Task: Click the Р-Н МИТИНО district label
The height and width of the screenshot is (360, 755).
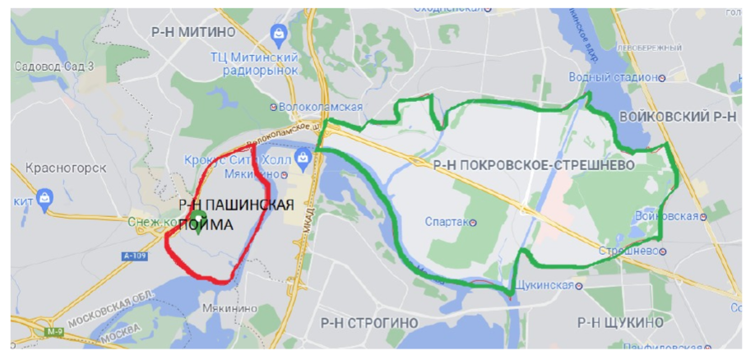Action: point(193,32)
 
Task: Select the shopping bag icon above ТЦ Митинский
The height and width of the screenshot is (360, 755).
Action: point(279,33)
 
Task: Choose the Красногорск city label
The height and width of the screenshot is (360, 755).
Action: point(67,168)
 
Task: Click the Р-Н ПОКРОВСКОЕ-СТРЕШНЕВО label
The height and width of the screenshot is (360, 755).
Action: point(533,165)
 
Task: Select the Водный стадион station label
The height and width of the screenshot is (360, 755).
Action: point(613,77)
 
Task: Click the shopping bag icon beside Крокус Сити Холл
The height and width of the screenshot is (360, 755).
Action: point(306,156)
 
